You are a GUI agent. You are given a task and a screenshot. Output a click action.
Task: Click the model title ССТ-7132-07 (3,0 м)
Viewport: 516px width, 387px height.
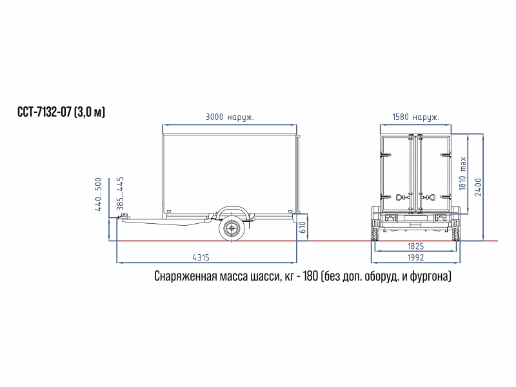61,112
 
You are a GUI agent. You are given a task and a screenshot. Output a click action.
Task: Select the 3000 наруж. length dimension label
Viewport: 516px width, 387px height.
230,117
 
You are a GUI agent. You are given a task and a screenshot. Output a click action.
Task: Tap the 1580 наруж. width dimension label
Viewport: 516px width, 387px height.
415,117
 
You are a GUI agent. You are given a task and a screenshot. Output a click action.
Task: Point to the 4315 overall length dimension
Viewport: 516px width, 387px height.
201,257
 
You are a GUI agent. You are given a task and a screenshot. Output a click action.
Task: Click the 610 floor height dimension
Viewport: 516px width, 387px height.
303,227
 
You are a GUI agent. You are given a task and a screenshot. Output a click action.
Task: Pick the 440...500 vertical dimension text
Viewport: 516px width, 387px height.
99,194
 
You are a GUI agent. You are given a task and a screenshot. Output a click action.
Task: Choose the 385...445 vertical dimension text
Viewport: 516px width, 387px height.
121,194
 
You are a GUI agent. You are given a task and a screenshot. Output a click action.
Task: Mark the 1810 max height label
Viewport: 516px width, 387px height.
462,174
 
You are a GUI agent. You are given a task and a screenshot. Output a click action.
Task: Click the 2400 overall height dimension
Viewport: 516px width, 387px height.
478,187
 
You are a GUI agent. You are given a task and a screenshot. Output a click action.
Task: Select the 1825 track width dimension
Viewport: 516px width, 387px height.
415,246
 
